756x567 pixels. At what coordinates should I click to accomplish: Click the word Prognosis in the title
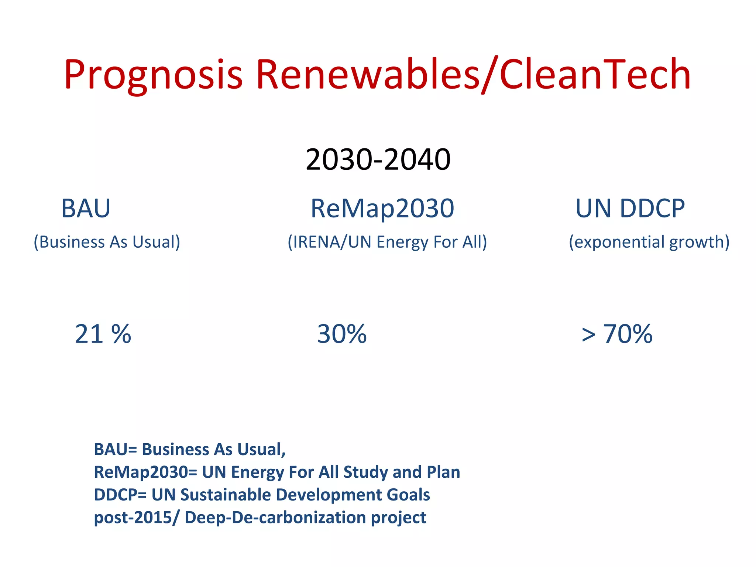tap(153, 75)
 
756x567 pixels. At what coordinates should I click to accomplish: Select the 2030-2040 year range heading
tap(378, 159)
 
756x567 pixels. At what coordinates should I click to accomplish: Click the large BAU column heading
tap(86, 209)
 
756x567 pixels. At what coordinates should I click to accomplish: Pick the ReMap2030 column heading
tap(382, 209)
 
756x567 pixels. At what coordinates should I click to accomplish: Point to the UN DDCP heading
tap(630, 209)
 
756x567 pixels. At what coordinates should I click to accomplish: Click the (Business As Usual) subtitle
tap(107, 242)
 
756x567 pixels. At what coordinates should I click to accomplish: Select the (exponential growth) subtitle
tap(649, 242)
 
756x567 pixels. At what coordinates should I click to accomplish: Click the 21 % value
tap(103, 334)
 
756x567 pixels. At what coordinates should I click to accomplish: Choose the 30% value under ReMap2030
tap(342, 334)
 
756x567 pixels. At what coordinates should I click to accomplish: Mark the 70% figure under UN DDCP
tap(628, 334)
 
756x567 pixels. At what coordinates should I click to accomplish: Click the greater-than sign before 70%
tap(588, 335)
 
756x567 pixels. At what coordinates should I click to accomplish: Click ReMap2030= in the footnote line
tap(145, 472)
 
